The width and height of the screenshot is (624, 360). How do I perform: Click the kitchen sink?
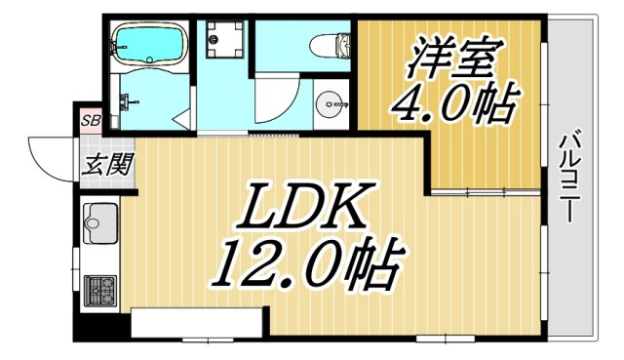[97, 227]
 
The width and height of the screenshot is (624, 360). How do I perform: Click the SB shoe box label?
[90, 121]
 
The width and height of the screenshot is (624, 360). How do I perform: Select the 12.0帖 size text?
[304, 261]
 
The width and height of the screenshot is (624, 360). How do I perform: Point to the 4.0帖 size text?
[452, 102]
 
